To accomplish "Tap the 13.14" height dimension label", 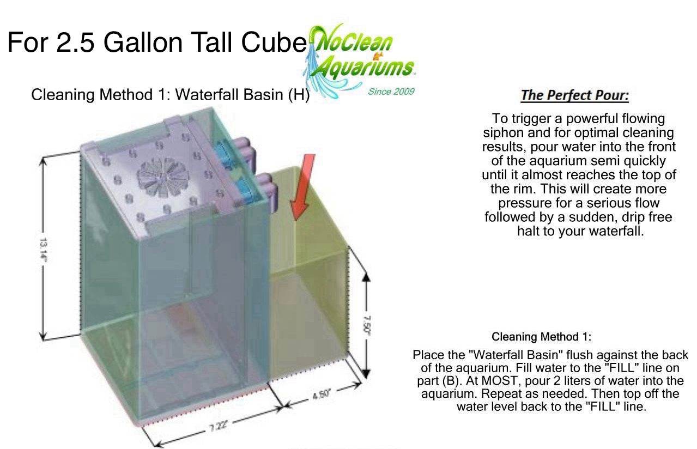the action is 43,250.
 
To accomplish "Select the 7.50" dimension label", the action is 367,325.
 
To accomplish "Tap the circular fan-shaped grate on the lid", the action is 163,177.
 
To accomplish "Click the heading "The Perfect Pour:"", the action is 575,95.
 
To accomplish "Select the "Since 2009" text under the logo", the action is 391,92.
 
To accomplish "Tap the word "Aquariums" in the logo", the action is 363,68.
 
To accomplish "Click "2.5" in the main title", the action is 75,43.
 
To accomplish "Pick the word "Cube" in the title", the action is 274,43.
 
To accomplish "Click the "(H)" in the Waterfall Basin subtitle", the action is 299,95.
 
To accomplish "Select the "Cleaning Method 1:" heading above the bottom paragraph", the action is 541,337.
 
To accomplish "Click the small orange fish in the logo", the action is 378,56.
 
